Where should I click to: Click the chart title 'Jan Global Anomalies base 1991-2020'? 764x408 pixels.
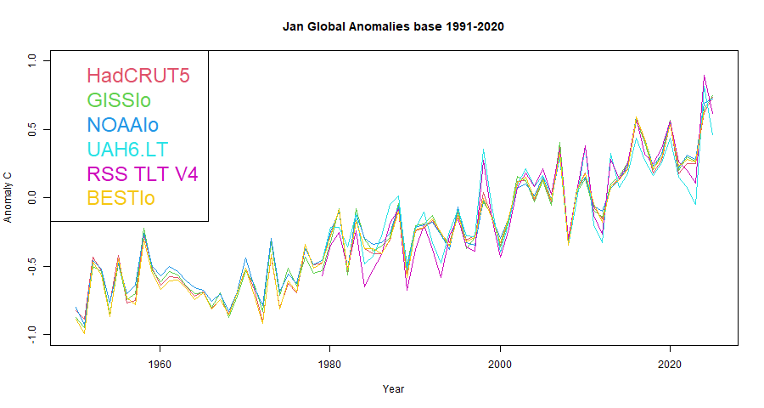[x=393, y=26]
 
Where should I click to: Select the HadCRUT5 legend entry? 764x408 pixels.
[x=138, y=76]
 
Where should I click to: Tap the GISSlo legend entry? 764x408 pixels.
[x=119, y=100]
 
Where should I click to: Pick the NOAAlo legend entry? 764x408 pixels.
[x=122, y=125]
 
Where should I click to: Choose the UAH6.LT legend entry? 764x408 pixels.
[x=127, y=150]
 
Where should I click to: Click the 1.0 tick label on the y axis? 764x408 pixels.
[x=32, y=61]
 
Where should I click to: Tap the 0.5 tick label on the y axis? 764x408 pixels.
[x=32, y=129]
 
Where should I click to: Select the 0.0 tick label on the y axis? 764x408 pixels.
[x=32, y=198]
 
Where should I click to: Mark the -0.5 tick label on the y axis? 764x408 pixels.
[x=32, y=266]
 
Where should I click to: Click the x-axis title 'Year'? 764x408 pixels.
[x=393, y=390]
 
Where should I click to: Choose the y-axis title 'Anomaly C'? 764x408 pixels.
[x=8, y=197]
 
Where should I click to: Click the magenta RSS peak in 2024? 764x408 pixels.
[x=705, y=76]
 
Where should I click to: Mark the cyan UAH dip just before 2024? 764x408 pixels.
[x=696, y=202]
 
